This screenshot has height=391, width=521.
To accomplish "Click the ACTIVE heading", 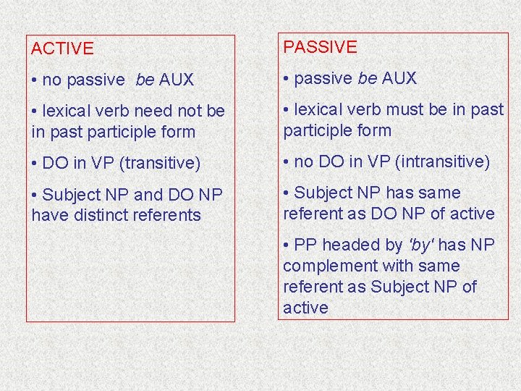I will tap(62, 49).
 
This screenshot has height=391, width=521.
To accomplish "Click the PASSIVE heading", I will tap(320, 47).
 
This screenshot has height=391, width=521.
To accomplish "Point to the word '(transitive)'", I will tap(155, 164).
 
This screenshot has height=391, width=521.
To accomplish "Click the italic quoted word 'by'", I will tap(419, 245).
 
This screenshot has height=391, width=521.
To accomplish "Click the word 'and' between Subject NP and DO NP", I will tap(149, 195).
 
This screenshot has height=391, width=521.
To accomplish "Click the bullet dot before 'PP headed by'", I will tap(287, 245).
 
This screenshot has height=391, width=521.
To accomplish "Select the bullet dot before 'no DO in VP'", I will tap(287, 161).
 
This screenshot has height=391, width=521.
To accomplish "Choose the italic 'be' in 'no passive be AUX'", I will tap(145, 80).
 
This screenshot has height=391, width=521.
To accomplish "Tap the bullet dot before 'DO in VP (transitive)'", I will tap(35, 164).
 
